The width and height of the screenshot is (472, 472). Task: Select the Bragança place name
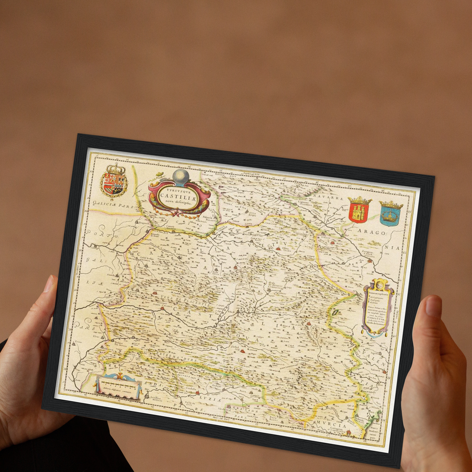click(x=132, y=223)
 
